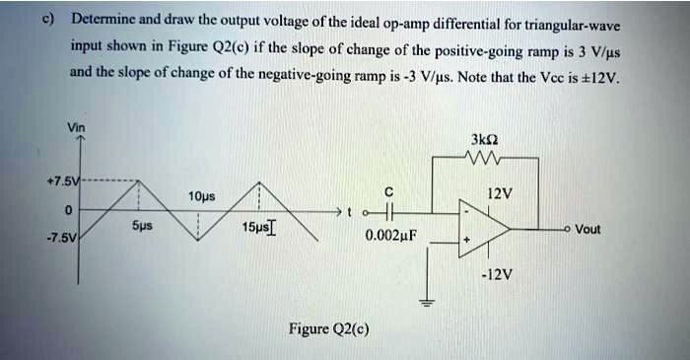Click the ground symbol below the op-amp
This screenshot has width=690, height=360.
[428, 301]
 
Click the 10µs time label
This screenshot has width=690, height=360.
[202, 195]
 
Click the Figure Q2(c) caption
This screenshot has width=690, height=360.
[328, 328]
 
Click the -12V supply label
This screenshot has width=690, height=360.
[497, 274]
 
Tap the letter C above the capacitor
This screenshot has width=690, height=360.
[389, 190]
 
